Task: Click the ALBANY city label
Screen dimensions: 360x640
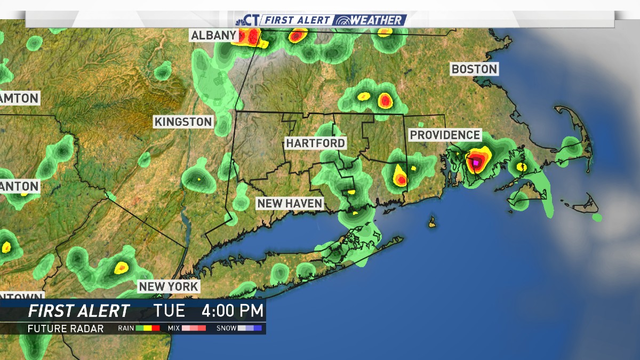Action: (x=213, y=36)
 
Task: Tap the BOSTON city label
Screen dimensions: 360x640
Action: (x=474, y=69)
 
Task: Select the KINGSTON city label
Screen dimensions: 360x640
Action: (x=183, y=122)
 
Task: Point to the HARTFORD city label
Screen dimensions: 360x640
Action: (x=315, y=143)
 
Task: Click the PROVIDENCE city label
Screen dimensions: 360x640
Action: (x=445, y=135)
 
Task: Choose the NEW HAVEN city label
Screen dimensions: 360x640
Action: (x=290, y=203)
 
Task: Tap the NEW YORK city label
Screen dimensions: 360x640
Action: (x=169, y=286)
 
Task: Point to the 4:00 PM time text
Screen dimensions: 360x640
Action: (x=232, y=310)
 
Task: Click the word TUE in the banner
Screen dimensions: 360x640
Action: (x=169, y=310)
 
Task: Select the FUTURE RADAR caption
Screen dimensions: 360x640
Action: (x=66, y=329)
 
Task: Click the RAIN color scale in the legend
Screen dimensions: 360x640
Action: (x=148, y=329)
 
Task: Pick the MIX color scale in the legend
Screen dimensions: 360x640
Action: (x=194, y=329)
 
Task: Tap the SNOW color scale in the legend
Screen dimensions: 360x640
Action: (x=250, y=329)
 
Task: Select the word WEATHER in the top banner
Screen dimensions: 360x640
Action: (x=377, y=20)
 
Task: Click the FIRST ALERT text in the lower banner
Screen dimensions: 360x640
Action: (x=78, y=310)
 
